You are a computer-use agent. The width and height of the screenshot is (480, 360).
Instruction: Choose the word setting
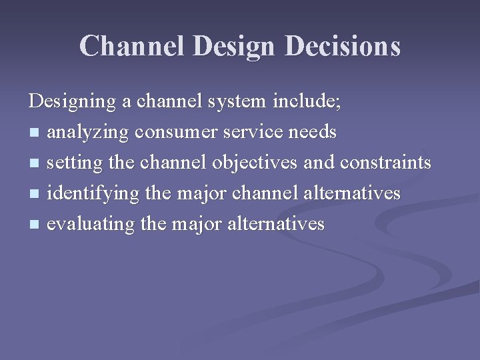[x=74, y=163]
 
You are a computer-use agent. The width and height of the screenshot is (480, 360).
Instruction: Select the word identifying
[x=85, y=194]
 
